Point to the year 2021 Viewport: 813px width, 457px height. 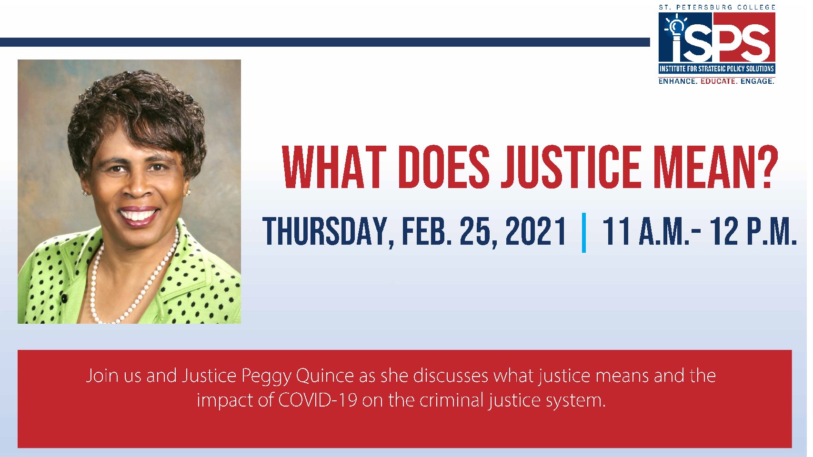(535, 231)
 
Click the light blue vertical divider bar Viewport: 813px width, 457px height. (584, 232)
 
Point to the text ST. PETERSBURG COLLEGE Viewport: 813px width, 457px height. (717, 7)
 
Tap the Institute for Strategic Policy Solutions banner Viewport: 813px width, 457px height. (717, 69)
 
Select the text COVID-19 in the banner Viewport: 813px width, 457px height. (318, 400)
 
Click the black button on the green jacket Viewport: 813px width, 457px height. (65, 299)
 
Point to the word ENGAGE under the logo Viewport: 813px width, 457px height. (757, 81)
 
